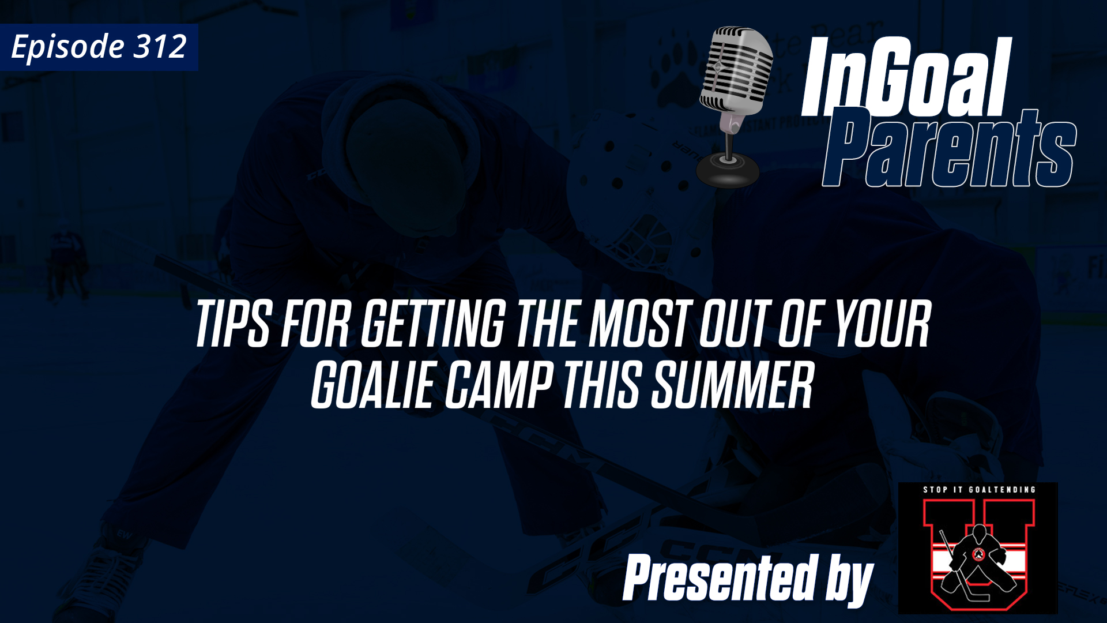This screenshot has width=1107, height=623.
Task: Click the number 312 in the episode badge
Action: point(160,46)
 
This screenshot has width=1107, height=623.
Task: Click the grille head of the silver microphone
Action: point(736,69)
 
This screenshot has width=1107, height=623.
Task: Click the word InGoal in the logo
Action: point(905,78)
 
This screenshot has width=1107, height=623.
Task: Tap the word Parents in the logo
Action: point(948,150)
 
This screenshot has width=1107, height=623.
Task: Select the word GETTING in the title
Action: point(432,324)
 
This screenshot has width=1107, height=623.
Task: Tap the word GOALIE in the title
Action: point(372,385)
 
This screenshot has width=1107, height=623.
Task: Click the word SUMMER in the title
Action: point(732,385)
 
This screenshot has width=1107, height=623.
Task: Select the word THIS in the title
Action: point(601,385)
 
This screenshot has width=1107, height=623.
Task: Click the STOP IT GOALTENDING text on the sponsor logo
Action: point(978,490)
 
